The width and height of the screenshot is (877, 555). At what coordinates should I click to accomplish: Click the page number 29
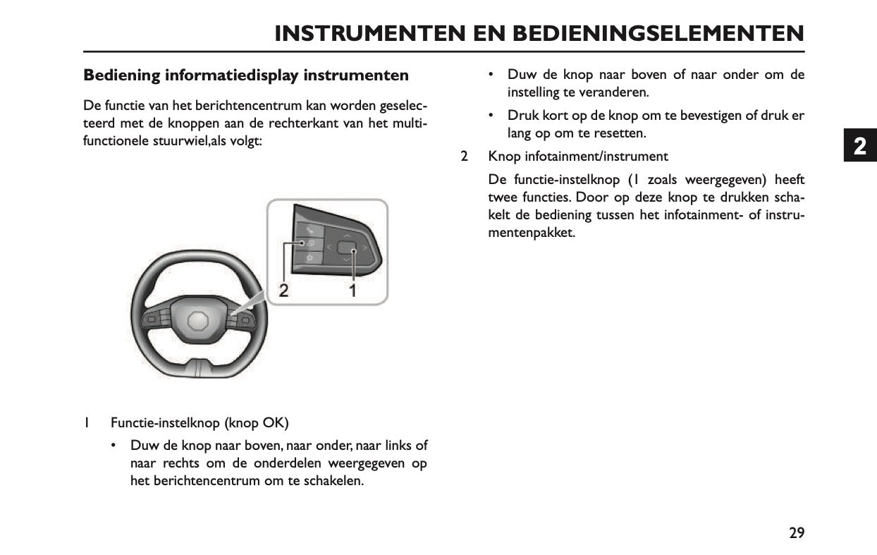click(x=796, y=533)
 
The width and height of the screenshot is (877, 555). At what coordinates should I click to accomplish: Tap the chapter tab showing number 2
click(x=859, y=147)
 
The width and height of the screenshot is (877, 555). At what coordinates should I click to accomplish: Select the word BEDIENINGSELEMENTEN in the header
click(x=658, y=33)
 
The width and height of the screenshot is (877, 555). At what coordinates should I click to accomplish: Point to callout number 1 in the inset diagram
click(x=351, y=290)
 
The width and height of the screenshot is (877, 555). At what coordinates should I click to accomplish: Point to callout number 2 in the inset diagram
click(x=283, y=290)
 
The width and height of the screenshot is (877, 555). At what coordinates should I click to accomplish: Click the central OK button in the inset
click(x=347, y=248)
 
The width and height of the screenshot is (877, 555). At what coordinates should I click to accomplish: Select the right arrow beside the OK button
click(x=365, y=248)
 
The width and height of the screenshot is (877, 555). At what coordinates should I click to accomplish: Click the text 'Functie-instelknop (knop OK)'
click(x=200, y=423)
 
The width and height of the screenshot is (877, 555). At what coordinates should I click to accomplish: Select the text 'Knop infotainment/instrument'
click(x=578, y=156)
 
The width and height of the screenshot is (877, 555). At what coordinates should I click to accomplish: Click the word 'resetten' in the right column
click(x=621, y=133)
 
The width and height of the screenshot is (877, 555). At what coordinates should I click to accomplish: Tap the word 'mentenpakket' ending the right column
click(x=532, y=232)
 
